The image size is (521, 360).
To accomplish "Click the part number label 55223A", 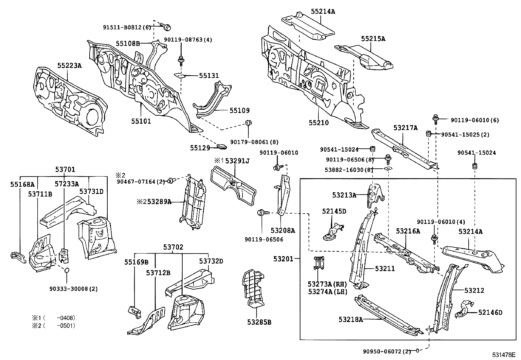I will point(69,66).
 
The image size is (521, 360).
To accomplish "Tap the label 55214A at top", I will point(323,11).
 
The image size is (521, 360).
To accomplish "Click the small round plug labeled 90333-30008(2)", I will point(67,271).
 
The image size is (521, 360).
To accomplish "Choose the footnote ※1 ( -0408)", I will point(53,318).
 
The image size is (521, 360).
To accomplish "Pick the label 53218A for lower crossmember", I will point(350,319).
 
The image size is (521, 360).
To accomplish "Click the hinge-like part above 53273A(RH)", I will point(317,263).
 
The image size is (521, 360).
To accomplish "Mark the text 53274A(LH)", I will point(327,292).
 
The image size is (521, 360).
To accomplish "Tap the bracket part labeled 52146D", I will point(464,309).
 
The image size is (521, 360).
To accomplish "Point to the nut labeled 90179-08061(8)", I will point(248,123).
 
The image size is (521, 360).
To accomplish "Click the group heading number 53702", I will point(173,247).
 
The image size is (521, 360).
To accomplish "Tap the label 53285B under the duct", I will point(259,322).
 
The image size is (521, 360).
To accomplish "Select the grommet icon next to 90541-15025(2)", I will point(428,134).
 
